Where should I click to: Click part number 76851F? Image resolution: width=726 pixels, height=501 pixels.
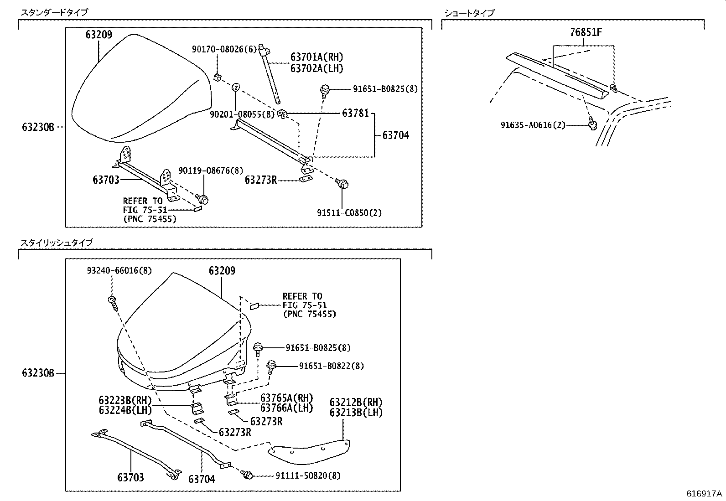point(586,32)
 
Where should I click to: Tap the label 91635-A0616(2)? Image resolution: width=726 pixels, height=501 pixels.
point(533,125)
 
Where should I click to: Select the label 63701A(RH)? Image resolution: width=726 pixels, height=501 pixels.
point(316,57)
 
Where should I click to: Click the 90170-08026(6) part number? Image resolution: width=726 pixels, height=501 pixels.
point(224,50)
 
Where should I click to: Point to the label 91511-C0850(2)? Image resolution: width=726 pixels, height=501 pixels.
point(350,212)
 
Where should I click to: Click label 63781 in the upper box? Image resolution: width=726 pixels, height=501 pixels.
point(355,113)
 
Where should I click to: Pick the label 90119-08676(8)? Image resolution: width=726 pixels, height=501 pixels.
point(211,170)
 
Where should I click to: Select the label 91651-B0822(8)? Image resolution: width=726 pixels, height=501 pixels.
point(332,366)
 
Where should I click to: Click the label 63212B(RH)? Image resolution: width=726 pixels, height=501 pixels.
point(356,403)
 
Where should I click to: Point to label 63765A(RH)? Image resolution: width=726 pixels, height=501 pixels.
point(287,398)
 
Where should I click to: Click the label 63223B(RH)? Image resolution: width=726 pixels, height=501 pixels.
point(125,400)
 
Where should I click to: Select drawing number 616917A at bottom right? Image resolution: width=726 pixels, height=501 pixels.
point(705,494)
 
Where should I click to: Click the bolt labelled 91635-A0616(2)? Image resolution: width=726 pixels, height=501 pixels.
point(593,123)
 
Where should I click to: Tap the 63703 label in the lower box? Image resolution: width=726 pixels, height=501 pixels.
point(130,477)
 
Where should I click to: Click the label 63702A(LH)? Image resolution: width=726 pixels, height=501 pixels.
point(316,68)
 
